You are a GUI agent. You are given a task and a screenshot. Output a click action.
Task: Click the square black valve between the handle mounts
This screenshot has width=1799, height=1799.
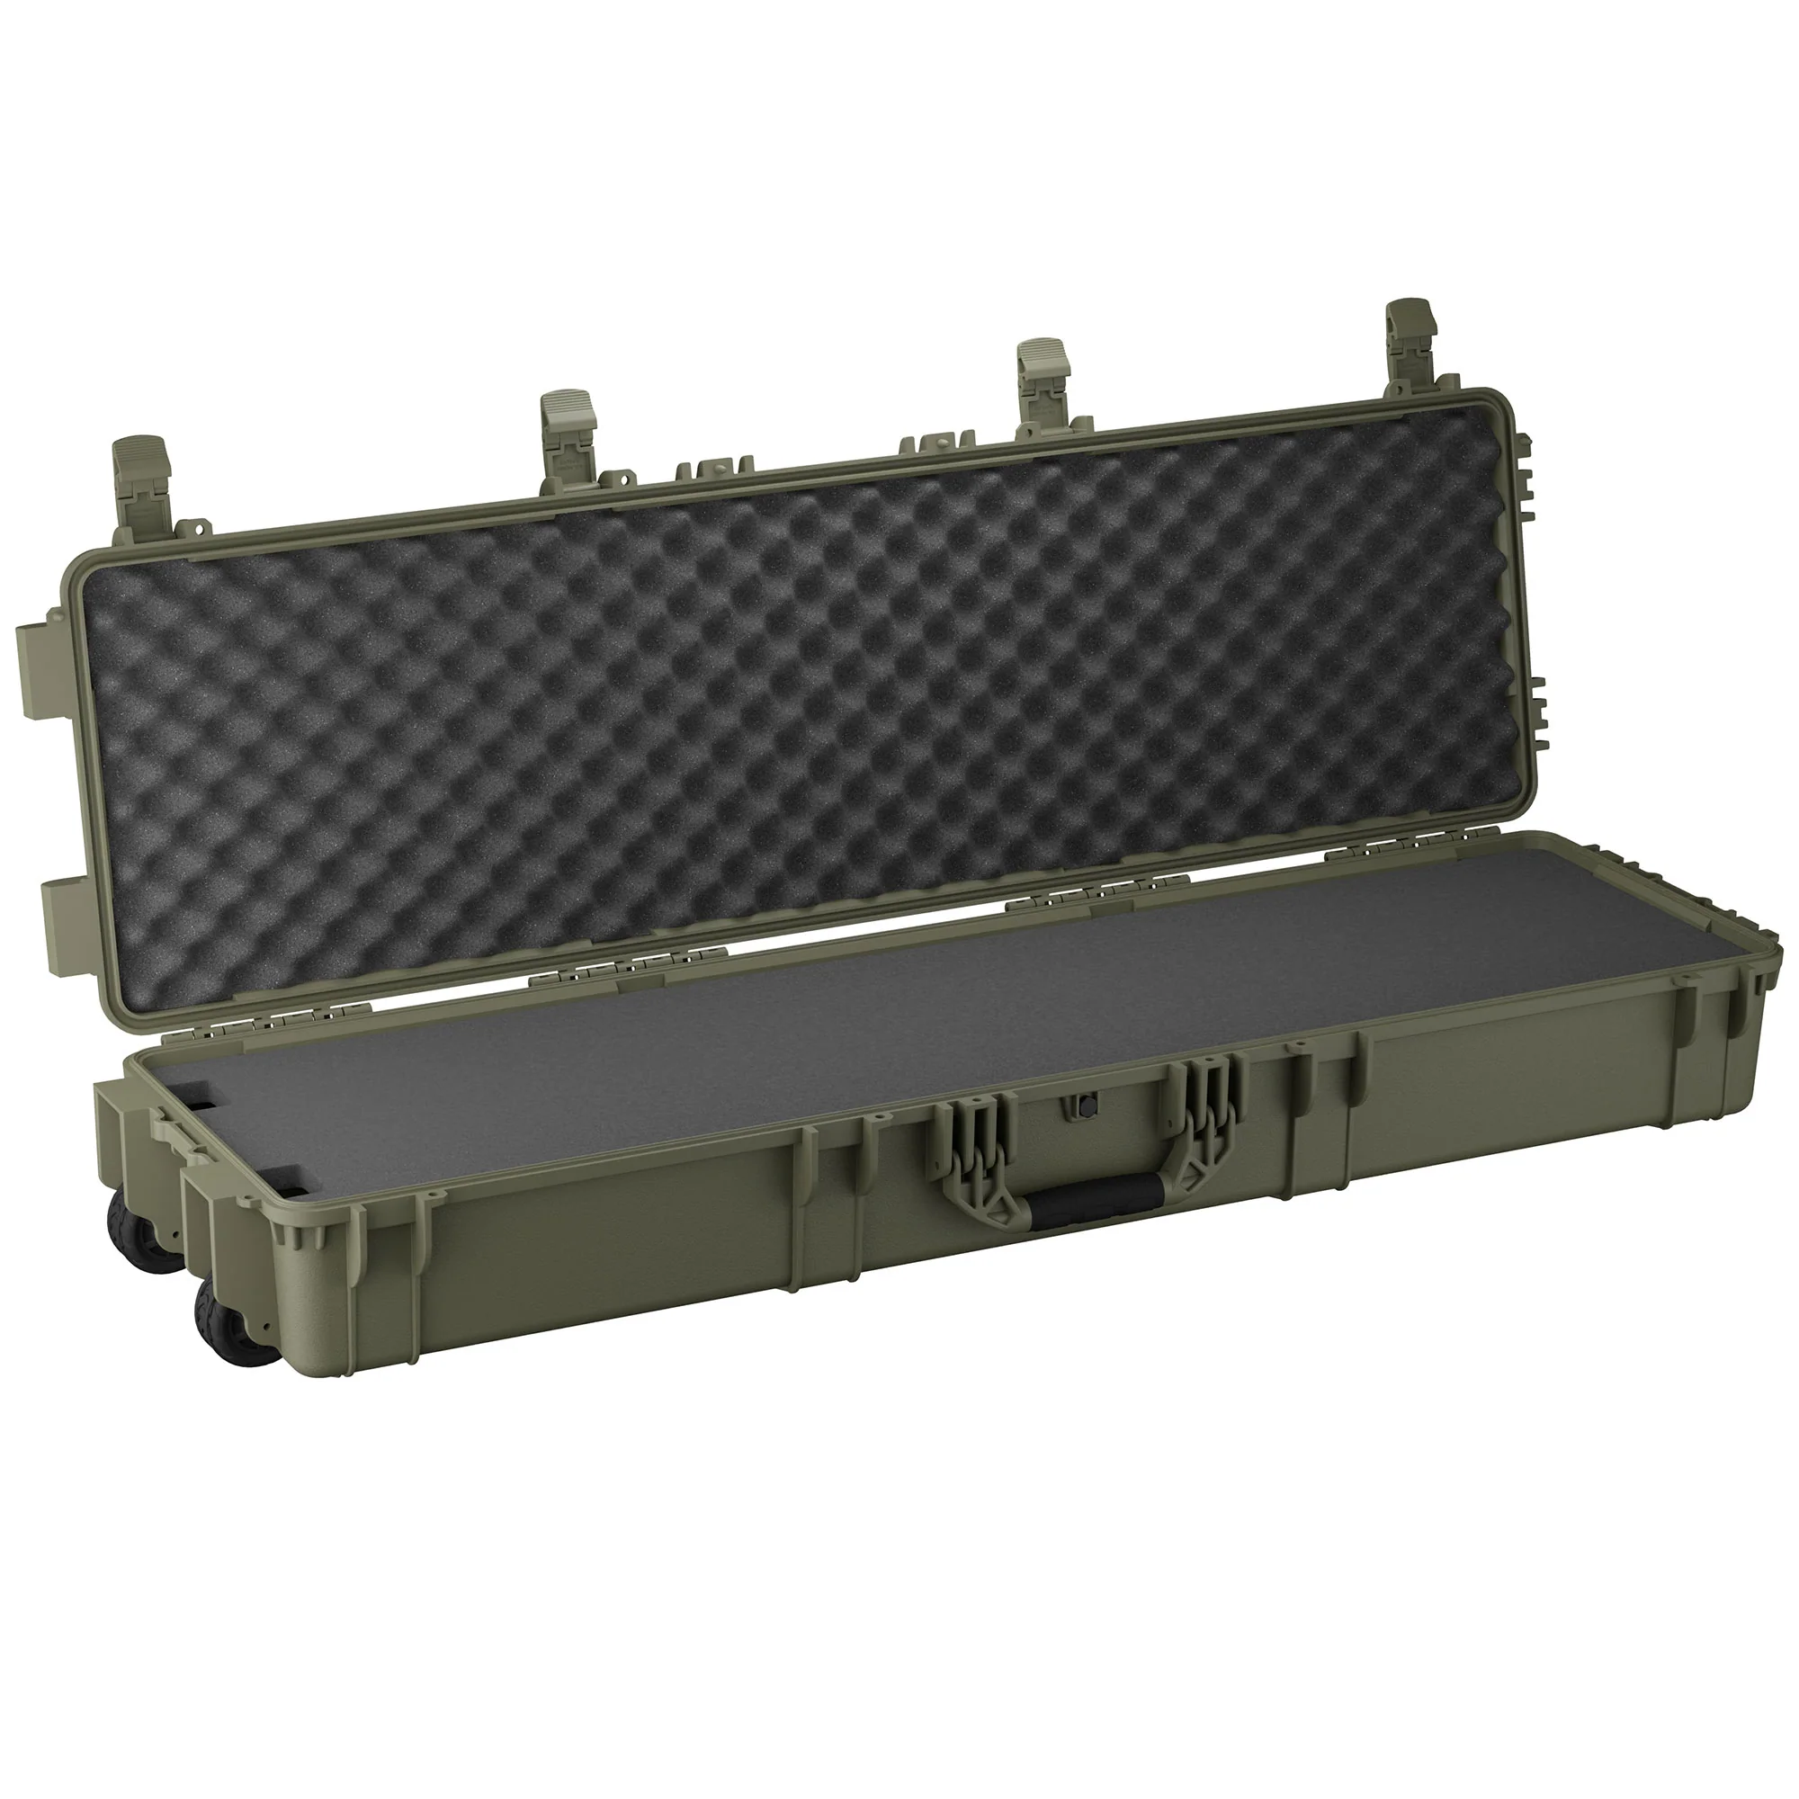click(x=1086, y=1105)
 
